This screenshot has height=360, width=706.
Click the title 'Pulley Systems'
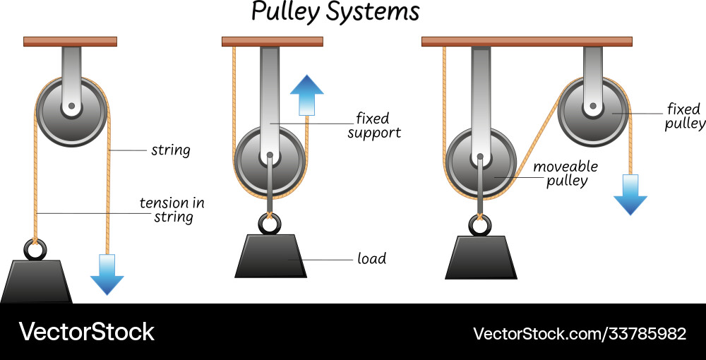(335, 12)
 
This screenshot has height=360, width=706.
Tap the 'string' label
(169, 150)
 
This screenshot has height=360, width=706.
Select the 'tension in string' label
(172, 210)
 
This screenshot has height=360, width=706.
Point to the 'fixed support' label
(373, 125)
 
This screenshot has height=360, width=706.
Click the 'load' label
(371, 258)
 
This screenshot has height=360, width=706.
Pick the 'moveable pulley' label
(565, 173)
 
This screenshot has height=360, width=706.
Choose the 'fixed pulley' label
(684, 116)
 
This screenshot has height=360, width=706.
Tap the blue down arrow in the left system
(107, 274)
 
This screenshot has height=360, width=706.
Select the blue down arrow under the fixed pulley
(630, 194)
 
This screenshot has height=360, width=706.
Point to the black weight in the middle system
(270, 256)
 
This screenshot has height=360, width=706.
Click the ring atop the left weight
(36, 249)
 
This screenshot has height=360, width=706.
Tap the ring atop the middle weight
(269, 224)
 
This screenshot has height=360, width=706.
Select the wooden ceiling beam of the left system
(70, 41)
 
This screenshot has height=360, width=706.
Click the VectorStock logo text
(86, 332)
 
